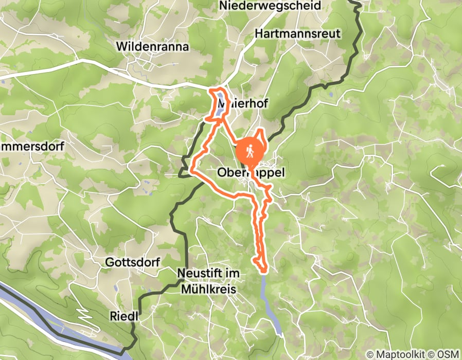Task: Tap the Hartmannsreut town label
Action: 298,33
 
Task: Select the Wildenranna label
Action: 153,47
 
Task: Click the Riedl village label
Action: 124,316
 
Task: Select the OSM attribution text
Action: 448,354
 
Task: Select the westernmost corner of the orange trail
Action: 192,170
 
